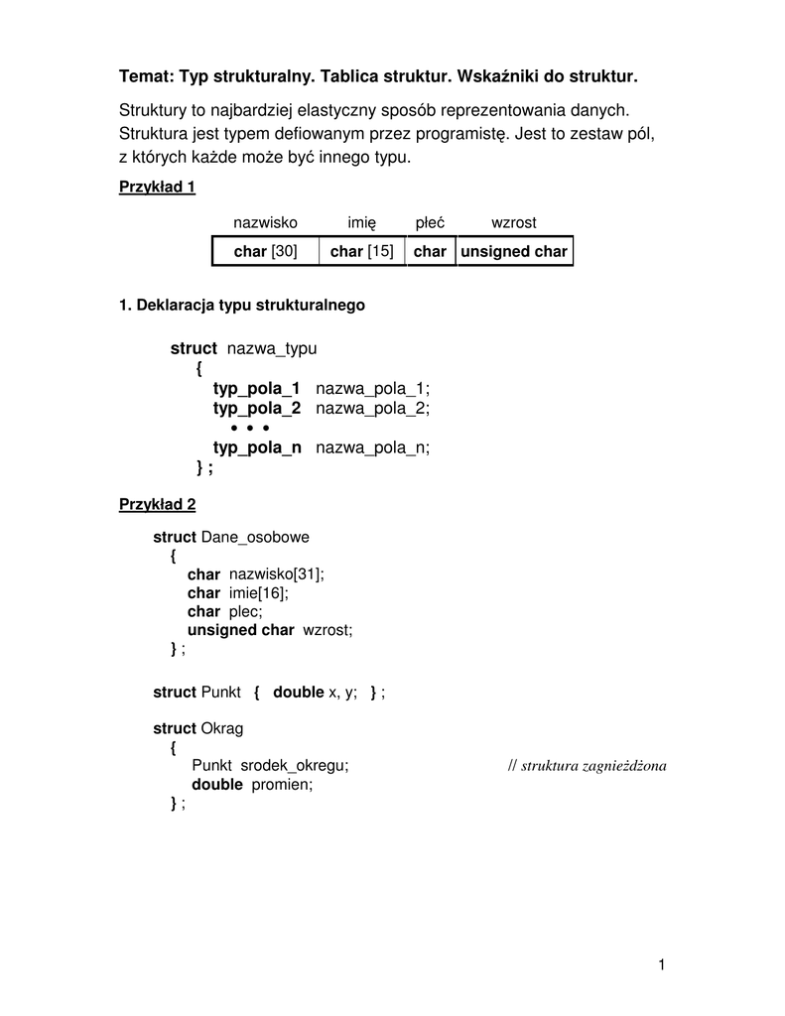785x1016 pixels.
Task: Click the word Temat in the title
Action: pyautogui.click(x=146, y=75)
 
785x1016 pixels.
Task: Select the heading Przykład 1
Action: pyautogui.click(x=157, y=187)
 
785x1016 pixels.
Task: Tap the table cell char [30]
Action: pyautogui.click(x=265, y=252)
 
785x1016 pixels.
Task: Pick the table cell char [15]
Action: pyautogui.click(x=362, y=252)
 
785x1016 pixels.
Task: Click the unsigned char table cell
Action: pyautogui.click(x=514, y=252)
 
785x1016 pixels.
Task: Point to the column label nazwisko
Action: pyautogui.click(x=265, y=223)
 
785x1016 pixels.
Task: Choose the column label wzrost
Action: pyautogui.click(x=514, y=223)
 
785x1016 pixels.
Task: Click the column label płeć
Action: pyautogui.click(x=430, y=223)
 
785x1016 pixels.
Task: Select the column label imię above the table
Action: pyautogui.click(x=362, y=223)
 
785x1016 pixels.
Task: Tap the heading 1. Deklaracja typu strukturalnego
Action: pyautogui.click(x=242, y=306)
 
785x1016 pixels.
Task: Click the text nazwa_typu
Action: pyautogui.click(x=272, y=348)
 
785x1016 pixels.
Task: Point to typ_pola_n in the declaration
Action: pyautogui.click(x=257, y=447)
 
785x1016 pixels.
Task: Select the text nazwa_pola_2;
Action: pyautogui.click(x=373, y=408)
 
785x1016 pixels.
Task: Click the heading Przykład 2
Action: pyautogui.click(x=157, y=505)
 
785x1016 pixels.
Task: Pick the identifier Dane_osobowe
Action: pyautogui.click(x=255, y=537)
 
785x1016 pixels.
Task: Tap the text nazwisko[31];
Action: pyautogui.click(x=277, y=574)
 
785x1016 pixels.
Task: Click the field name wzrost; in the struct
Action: pyautogui.click(x=327, y=630)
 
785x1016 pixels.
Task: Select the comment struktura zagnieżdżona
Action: pyautogui.click(x=593, y=766)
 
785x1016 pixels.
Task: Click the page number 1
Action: pyautogui.click(x=660, y=964)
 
